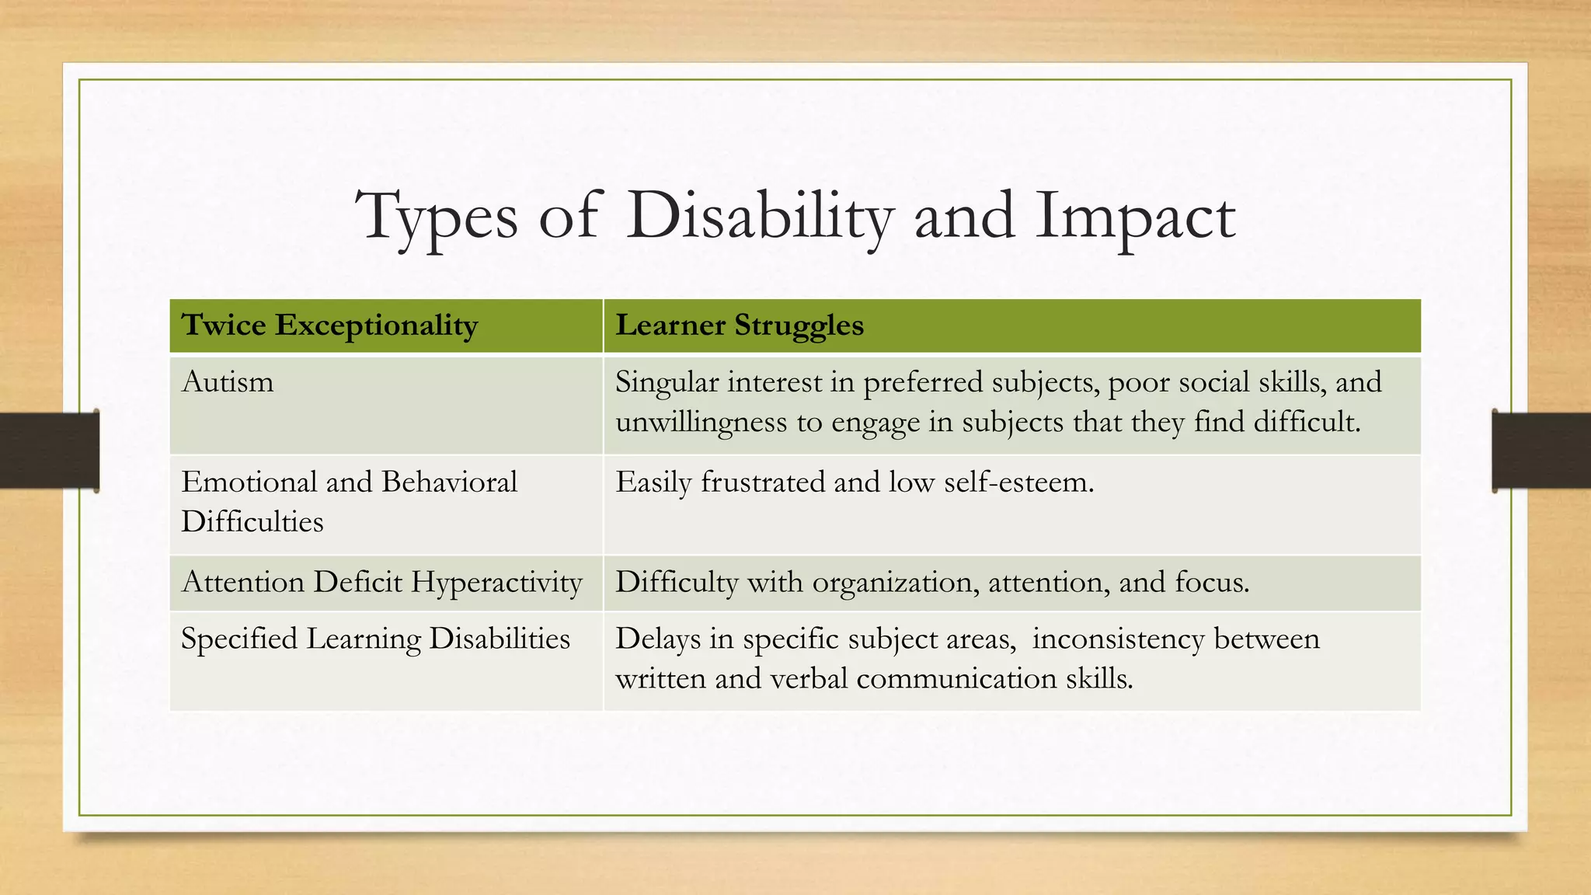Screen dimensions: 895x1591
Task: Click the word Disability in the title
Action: pos(759,216)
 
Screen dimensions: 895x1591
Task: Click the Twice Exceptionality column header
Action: pos(329,326)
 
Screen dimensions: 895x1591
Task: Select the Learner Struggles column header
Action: pos(739,326)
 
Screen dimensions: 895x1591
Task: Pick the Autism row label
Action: pos(228,382)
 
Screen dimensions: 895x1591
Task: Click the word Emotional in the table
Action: pos(248,482)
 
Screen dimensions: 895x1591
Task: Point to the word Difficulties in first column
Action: pos(252,521)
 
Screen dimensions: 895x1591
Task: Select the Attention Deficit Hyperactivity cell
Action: pos(381,582)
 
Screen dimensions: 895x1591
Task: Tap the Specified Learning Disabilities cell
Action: pos(375,639)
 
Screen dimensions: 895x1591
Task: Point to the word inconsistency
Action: pos(1118,639)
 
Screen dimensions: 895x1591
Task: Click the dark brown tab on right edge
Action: pos(1541,450)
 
